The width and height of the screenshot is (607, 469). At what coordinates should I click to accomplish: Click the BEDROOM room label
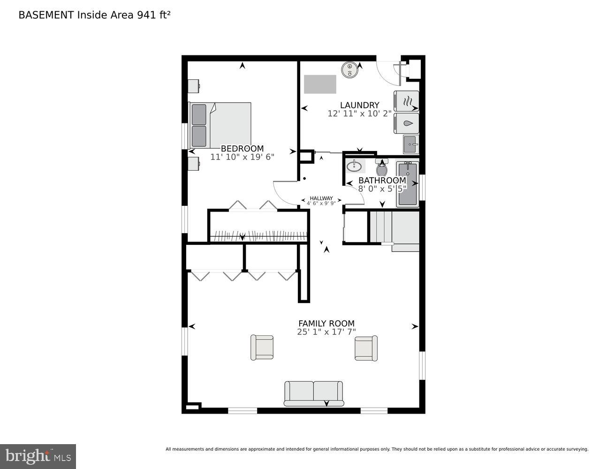pos(242,149)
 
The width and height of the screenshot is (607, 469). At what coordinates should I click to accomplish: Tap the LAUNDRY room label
pos(359,105)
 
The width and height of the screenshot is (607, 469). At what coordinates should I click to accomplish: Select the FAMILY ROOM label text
pos(326,324)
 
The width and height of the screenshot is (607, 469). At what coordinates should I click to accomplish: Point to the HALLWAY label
pos(321,198)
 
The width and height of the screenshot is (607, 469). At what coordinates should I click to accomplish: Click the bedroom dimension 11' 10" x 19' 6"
pos(242,157)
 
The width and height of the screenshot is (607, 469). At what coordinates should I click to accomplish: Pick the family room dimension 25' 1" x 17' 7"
pos(326,332)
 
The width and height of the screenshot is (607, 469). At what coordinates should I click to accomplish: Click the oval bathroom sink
pos(356,166)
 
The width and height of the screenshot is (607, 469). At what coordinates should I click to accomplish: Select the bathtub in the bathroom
pos(408,184)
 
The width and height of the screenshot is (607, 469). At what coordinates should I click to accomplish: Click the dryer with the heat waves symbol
pos(406,101)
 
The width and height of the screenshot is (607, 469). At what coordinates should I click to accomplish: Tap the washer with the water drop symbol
pos(406,123)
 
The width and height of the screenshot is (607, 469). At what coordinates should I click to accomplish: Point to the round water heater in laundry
pos(349,69)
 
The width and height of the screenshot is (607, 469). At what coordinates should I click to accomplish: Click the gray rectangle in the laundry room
pos(320,84)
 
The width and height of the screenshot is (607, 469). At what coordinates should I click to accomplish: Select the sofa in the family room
pos(314,393)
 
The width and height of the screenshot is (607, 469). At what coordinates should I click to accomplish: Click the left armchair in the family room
pos(262,347)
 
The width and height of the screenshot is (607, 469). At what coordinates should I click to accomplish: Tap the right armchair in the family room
pos(366,348)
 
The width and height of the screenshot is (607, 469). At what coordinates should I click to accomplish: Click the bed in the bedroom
pos(220,125)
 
